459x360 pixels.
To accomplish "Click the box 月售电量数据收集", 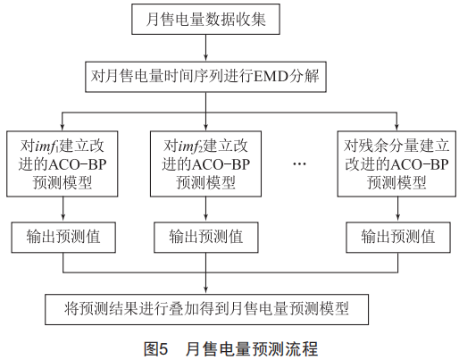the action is click(205, 19).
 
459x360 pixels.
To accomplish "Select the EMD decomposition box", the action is click(205, 77).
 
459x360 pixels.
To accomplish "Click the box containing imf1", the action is click(63, 163).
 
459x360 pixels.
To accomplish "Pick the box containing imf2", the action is click(205, 163).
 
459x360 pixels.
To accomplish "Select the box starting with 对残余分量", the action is click(396, 163).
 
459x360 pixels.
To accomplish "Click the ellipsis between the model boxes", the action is click(299, 164).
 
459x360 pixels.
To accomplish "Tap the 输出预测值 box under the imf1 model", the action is click(63, 238).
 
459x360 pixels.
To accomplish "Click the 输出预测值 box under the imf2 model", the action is click(206, 238).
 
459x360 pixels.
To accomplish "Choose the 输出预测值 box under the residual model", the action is click(398, 238).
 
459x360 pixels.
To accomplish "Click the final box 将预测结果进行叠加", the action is click(206, 309).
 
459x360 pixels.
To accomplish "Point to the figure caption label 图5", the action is click(155, 349).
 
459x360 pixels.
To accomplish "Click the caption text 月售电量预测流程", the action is click(252, 349).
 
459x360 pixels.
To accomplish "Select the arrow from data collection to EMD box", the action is click(205, 48).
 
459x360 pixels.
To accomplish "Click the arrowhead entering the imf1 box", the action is click(63, 128).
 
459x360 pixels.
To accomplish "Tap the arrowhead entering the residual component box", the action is click(396, 128).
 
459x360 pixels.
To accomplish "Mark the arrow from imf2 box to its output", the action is click(205, 209).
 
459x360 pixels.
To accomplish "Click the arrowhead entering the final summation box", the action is click(205, 290).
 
